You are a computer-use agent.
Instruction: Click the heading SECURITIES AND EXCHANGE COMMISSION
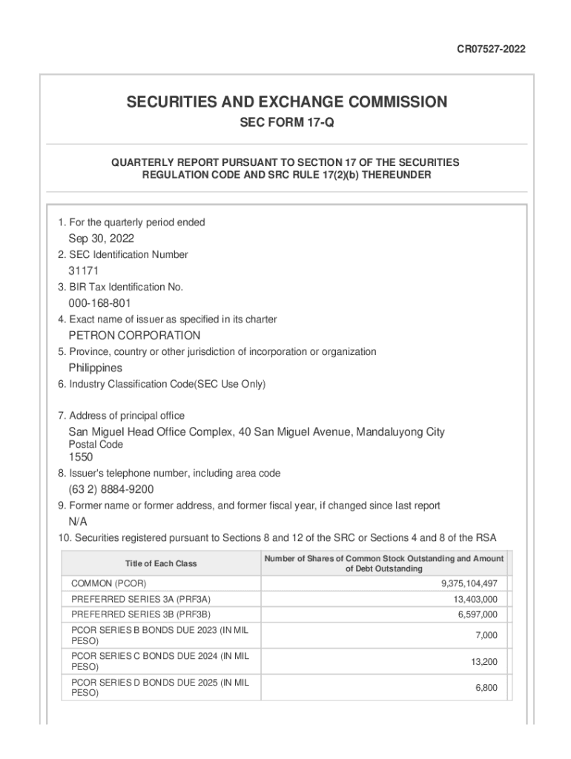pyautogui.click(x=285, y=102)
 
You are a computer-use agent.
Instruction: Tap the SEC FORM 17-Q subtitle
pyautogui.click(x=285, y=123)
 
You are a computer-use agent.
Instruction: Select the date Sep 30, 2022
pyautogui.click(x=102, y=239)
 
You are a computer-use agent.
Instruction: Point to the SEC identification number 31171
pyautogui.click(x=84, y=271)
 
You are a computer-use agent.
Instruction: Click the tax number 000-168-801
pyautogui.click(x=100, y=303)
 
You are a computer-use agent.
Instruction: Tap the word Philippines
pyautogui.click(x=96, y=368)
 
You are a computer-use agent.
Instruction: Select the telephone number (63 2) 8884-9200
pyautogui.click(x=111, y=489)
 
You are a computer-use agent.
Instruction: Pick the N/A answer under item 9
pyautogui.click(x=78, y=521)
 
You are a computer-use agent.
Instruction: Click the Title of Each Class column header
pyautogui.click(x=161, y=563)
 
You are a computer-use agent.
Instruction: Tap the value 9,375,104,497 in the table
pyautogui.click(x=469, y=583)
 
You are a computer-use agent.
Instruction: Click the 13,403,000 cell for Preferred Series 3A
pyautogui.click(x=475, y=599)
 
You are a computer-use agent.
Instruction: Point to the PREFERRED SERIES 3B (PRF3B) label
pyautogui.click(x=141, y=614)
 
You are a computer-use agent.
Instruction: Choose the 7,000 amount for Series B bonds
pyautogui.click(x=486, y=635)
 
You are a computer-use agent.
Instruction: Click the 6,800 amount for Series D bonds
pyautogui.click(x=486, y=688)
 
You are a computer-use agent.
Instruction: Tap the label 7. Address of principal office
pyautogui.click(x=121, y=416)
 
